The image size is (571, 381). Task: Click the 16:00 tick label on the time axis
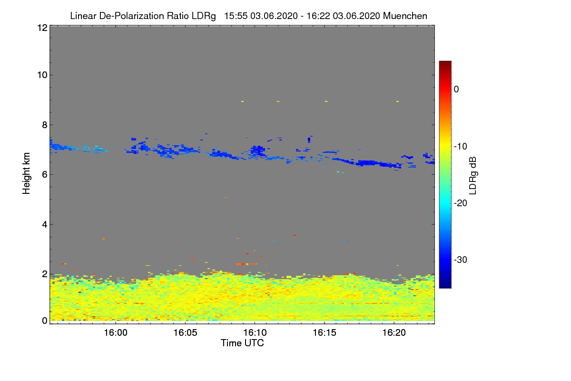coord(116,332)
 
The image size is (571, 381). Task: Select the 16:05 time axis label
coord(185,332)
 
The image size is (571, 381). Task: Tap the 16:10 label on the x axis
coord(255,332)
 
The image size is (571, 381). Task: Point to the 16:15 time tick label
coord(324,332)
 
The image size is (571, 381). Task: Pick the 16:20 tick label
coord(394,332)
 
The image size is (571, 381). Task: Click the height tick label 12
coord(41,28)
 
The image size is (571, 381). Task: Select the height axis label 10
coord(41,75)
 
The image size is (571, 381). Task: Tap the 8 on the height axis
coord(44,125)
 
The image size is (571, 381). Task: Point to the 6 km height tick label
coord(44,174)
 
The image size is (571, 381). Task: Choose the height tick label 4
coord(44,224)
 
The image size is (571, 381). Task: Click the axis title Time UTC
coord(242,343)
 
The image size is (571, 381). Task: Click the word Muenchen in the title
coord(405,16)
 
